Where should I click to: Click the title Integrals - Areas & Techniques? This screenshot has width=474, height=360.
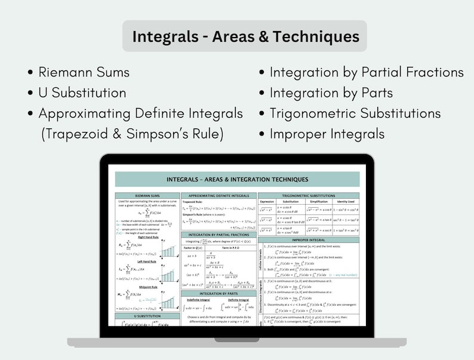coord(245,36)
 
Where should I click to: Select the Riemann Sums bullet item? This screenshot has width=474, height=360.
coord(84,72)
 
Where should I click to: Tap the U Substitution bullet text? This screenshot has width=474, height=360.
coord(82,93)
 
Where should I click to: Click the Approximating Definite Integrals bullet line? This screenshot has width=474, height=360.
coord(140,113)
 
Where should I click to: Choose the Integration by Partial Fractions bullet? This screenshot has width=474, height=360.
coord(366,72)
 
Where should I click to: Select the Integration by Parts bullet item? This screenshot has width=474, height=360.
coord(331,93)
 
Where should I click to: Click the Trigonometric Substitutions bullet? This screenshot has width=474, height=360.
coord(355,113)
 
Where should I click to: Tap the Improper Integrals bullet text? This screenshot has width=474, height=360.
coord(327,133)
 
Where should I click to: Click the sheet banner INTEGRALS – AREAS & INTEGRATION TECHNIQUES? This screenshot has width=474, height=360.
coord(237,179)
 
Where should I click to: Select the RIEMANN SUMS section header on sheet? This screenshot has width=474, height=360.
coord(146,195)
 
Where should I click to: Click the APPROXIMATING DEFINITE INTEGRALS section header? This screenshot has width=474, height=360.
coord(218,195)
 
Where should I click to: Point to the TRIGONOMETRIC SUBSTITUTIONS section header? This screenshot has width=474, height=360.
coord(309,195)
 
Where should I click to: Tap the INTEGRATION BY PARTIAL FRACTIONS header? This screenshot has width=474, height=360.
coord(218,235)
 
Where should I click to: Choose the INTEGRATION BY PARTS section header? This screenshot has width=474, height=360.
coord(218,293)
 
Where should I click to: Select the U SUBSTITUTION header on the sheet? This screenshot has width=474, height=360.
coord(146,316)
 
